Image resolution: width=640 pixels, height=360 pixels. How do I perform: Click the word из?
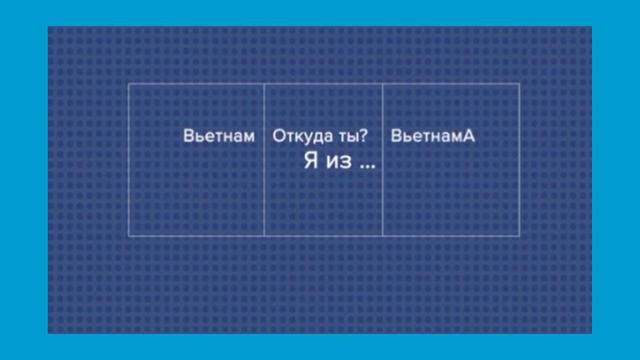pos(338,162)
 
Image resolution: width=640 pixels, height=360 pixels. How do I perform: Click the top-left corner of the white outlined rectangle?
pos(129,84)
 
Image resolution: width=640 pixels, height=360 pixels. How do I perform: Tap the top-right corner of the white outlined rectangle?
pos(519,84)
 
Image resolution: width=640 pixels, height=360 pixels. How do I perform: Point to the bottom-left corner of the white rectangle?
pos(129,236)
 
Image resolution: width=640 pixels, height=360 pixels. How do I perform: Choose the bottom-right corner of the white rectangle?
pos(519,236)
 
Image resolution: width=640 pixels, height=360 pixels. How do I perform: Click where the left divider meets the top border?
pos(264,84)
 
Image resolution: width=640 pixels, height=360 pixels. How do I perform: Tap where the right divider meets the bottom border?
pos(383,236)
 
